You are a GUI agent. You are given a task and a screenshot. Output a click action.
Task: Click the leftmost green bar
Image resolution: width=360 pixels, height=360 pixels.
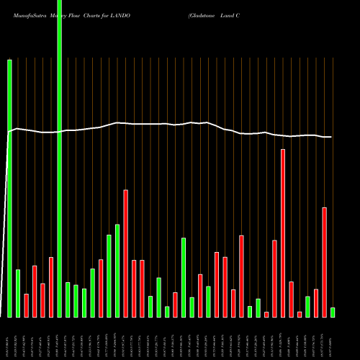[10, 187]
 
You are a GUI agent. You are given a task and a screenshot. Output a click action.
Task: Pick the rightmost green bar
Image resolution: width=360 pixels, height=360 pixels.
[333, 312]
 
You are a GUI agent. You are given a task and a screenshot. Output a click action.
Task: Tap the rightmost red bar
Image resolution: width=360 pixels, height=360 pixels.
[324, 262]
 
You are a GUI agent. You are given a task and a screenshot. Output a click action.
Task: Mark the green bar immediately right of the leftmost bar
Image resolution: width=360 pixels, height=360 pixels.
[18, 293]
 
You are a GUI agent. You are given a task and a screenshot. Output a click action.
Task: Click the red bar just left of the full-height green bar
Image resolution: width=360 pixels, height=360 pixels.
[51, 287]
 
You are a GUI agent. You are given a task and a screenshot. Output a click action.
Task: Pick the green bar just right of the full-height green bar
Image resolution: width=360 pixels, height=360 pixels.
[68, 300]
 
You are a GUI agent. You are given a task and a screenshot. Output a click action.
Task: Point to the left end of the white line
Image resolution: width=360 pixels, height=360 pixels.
[8, 132]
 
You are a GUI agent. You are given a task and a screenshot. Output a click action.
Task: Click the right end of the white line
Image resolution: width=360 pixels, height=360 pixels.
[332, 137]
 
